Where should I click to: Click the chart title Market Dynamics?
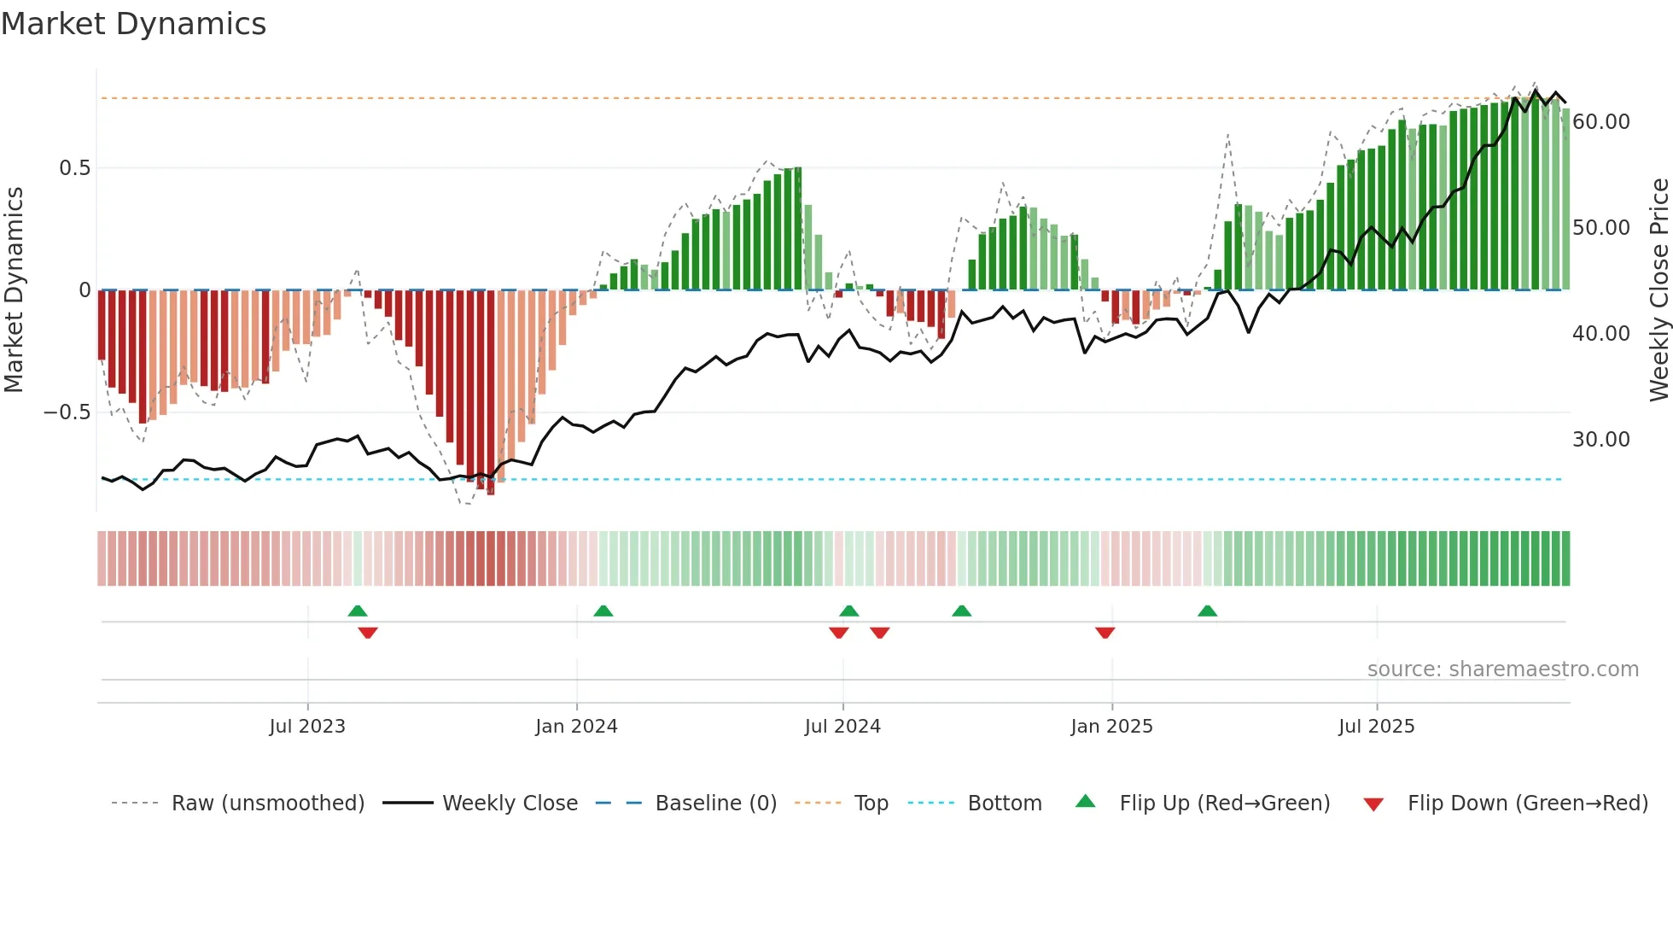pyautogui.click(x=134, y=24)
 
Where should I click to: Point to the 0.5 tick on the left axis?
pyautogui.click(x=74, y=168)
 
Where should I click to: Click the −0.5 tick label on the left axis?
pyautogui.click(x=67, y=412)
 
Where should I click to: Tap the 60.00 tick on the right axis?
pyautogui.click(x=1600, y=122)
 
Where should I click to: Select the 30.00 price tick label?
pyautogui.click(x=1600, y=440)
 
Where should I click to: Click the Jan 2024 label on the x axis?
pyautogui.click(x=576, y=727)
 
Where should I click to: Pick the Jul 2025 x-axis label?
pyautogui.click(x=1376, y=727)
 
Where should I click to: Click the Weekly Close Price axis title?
pyautogui.click(x=1658, y=290)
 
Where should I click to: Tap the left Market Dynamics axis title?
pyautogui.click(x=14, y=290)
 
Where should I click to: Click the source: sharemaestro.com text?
pyautogui.click(x=1502, y=669)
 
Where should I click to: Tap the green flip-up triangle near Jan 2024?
pyautogui.click(x=603, y=611)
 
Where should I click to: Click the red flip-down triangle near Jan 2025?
pyautogui.click(x=1105, y=633)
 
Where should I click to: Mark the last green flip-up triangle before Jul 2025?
pyautogui.click(x=1207, y=611)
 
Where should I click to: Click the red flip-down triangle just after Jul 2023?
pyautogui.click(x=368, y=633)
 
